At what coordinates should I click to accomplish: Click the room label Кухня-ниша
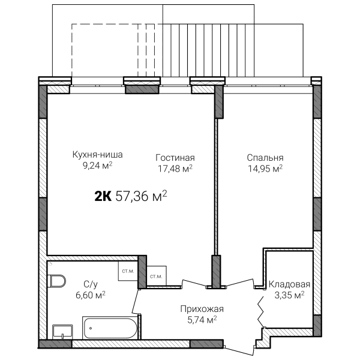[98, 155]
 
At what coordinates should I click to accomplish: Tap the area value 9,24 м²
[98, 166]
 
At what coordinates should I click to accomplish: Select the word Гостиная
[175, 158]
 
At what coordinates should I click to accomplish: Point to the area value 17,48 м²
[175, 169]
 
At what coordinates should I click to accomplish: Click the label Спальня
[265, 158]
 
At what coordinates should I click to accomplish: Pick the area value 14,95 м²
[265, 169]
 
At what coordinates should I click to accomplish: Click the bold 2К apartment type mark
[103, 196]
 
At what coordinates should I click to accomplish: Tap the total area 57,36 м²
[141, 196]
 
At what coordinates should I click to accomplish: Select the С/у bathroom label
[91, 284]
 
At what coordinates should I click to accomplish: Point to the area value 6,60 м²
[91, 295]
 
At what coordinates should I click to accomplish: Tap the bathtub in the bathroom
[110, 328]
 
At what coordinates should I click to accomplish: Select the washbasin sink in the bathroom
[62, 332]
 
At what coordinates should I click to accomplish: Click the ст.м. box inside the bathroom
[128, 271]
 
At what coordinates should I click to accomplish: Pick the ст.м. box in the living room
[157, 276]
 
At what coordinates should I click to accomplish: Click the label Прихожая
[202, 309]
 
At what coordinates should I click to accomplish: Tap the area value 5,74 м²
[202, 320]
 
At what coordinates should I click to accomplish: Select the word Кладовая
[290, 284]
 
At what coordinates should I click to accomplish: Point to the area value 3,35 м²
[290, 295]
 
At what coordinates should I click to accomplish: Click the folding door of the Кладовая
[260, 311]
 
